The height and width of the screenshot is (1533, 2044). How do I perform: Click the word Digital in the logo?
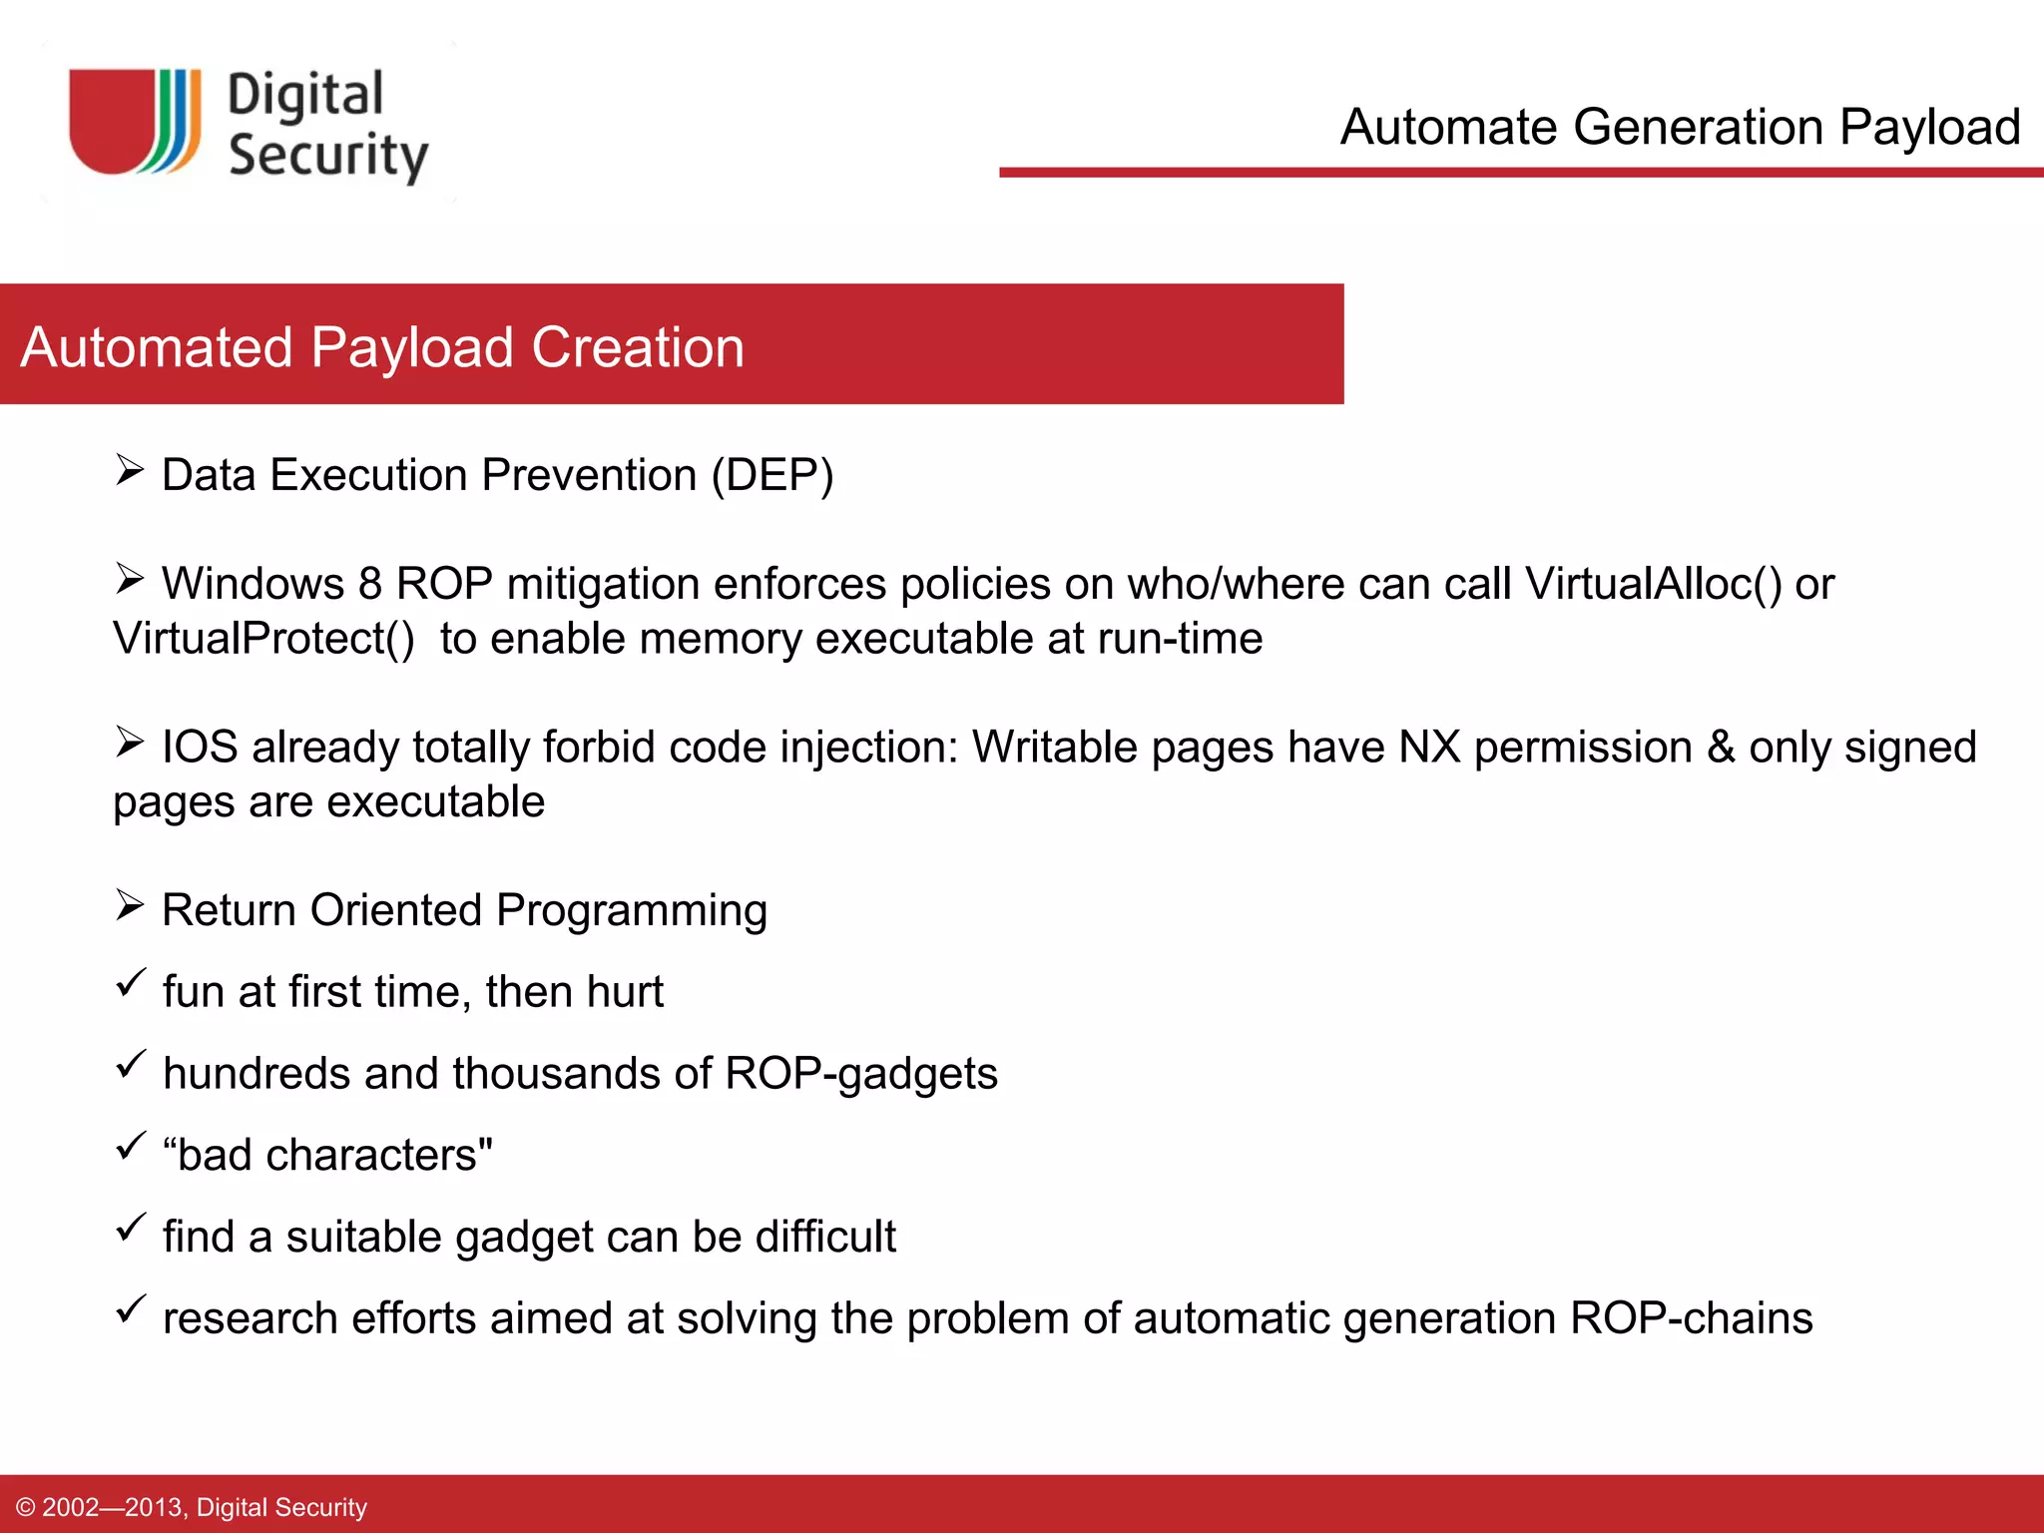(305, 96)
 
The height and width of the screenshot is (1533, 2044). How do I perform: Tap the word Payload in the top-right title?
(1929, 128)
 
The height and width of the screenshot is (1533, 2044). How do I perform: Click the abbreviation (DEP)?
(771, 475)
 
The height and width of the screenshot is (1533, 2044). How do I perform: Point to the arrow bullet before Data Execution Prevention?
(130, 469)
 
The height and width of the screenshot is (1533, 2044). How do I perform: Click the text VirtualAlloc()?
(1653, 584)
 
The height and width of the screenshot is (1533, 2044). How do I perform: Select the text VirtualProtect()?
(263, 639)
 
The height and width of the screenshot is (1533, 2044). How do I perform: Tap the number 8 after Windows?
(370, 584)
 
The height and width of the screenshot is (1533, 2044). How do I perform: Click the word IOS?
(200, 748)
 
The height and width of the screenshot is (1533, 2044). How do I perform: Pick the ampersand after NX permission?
(1720, 748)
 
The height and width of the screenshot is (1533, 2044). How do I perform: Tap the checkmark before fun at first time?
(131, 982)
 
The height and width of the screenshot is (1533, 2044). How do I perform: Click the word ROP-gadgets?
(860, 1074)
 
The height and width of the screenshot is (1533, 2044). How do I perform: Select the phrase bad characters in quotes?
(327, 1156)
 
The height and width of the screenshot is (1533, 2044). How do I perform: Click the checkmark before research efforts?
(131, 1308)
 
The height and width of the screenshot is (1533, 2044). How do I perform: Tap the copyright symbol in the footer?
(26, 1507)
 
